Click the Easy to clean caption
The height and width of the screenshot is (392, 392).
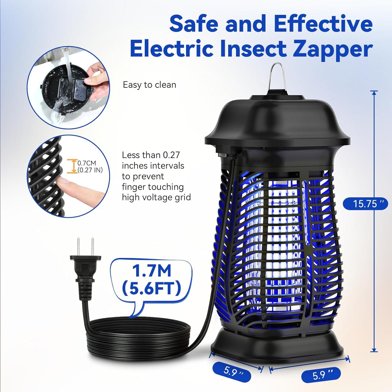(149, 85)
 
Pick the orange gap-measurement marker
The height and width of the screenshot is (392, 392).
(70, 166)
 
